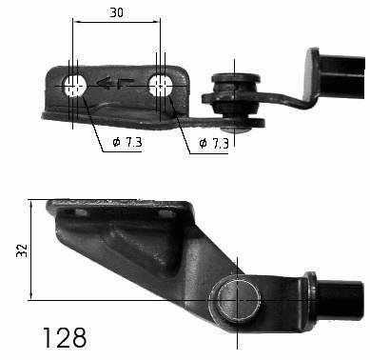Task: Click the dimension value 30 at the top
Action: (x=116, y=12)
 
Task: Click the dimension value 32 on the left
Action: (x=23, y=250)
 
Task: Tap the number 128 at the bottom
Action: (x=65, y=338)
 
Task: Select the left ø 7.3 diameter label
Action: (x=127, y=142)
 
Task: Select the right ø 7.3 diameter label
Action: (x=214, y=143)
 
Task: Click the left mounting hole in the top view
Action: (x=75, y=86)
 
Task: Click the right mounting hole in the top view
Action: (x=161, y=86)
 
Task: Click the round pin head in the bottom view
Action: (x=236, y=298)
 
